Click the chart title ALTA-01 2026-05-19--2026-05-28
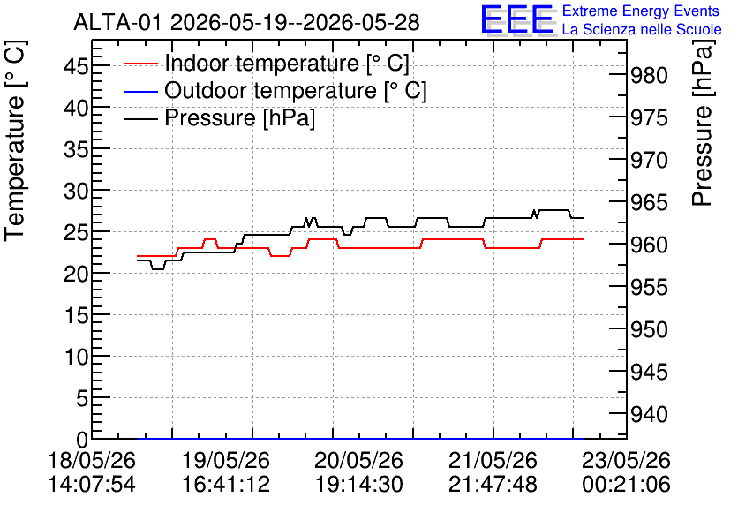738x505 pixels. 246,23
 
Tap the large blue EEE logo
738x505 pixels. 516,19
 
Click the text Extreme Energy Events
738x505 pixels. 641,11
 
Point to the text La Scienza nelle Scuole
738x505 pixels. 642,29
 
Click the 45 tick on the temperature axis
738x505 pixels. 76,66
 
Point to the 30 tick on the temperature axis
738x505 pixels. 76,191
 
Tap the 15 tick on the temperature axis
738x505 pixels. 76,316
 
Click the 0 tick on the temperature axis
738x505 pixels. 82,440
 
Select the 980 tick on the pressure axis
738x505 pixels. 649,75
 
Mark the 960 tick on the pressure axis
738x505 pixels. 649,245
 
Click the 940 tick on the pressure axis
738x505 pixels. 649,414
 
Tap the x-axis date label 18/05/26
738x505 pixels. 92,460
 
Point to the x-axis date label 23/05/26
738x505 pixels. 626,460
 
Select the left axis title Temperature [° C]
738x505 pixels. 16,141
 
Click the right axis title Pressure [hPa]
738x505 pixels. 702,123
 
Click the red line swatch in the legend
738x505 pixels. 140,64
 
